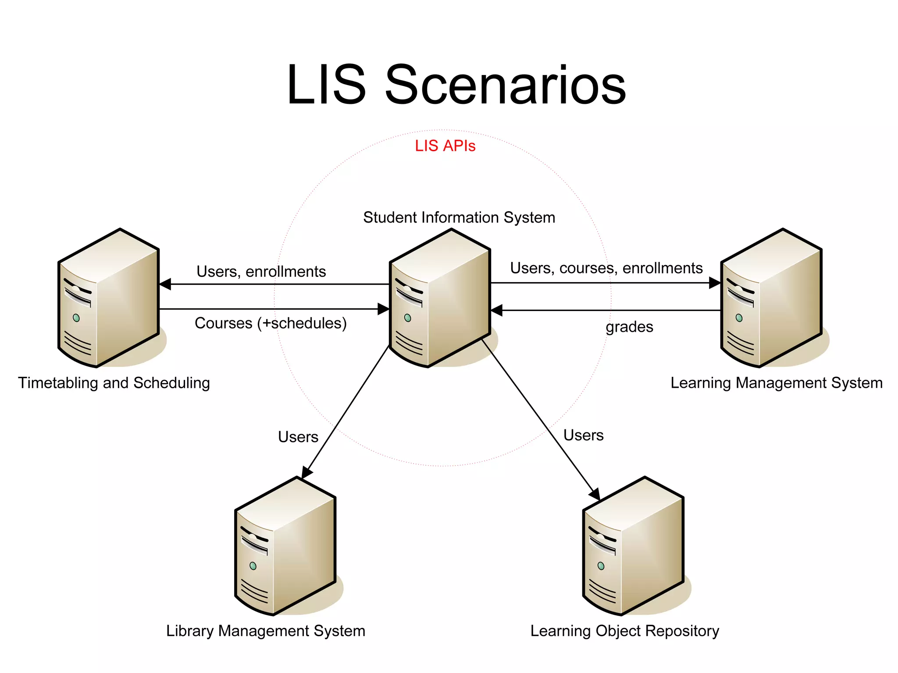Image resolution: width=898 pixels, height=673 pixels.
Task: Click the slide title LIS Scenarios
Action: coord(456,85)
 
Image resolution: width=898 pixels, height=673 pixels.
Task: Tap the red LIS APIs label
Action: coord(445,146)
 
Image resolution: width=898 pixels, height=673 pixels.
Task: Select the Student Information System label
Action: coord(459,217)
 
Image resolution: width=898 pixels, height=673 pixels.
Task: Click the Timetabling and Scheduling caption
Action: coord(114,383)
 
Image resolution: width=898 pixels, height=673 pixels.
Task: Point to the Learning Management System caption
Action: coord(776,383)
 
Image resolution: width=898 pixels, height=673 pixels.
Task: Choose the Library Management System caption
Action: coord(265,631)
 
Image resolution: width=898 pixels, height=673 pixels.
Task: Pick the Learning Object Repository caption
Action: coord(624,631)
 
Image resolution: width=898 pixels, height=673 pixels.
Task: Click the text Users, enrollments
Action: coord(261,272)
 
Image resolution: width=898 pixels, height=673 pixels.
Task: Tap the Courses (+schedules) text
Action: coord(271,323)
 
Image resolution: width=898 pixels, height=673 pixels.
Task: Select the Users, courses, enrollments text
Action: coord(606,268)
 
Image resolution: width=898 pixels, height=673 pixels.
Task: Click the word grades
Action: coord(629,327)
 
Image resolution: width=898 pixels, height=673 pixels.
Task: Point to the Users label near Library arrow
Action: coord(298,437)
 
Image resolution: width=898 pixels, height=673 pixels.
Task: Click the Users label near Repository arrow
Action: coord(583,435)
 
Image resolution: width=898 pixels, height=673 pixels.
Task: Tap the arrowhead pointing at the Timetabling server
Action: coord(165,284)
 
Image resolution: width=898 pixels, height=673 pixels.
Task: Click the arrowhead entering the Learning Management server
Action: coord(715,283)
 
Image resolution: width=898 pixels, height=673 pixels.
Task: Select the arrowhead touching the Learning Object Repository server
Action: coord(595,494)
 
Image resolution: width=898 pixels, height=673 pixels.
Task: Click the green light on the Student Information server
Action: coord(408,318)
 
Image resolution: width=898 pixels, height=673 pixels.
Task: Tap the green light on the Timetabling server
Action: coord(76,318)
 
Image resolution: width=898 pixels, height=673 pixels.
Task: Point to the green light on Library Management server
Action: coord(253,566)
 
